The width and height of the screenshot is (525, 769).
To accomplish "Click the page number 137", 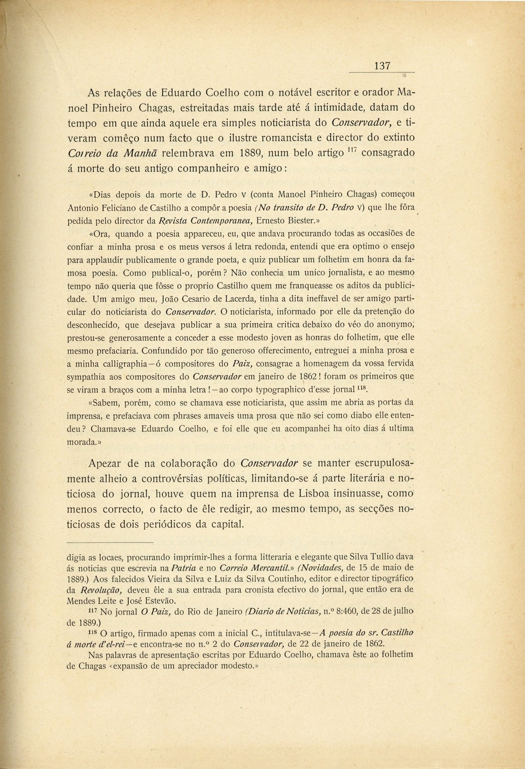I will pos(382,66).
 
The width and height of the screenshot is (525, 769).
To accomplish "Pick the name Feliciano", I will pos(118,208).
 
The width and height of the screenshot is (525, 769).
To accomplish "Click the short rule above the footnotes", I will pos(109,543).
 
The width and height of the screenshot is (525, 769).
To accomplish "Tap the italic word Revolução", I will pos(94,590).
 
